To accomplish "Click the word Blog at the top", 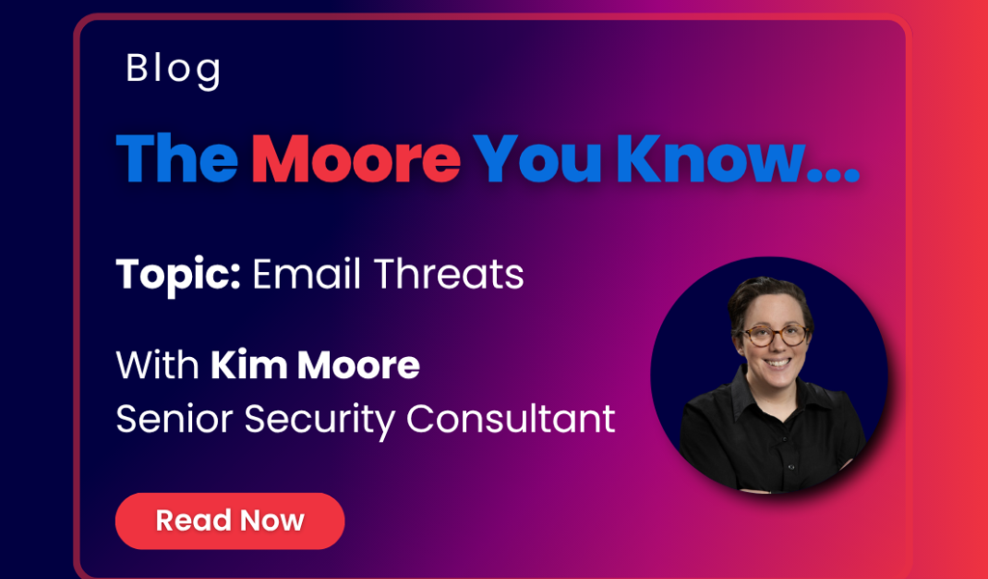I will (x=174, y=69).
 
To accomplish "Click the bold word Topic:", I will (x=178, y=276).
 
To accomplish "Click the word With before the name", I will (x=157, y=367).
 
